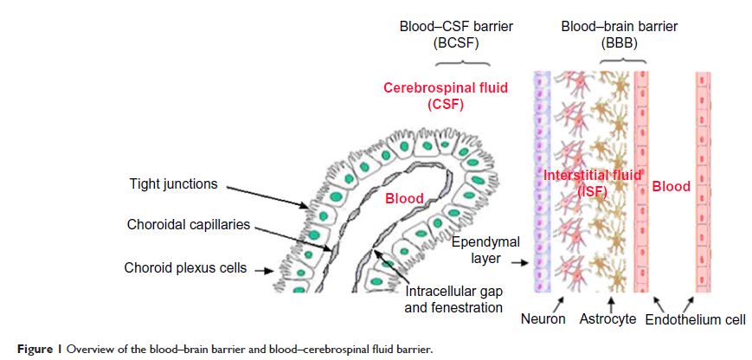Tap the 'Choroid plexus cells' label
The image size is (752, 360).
point(184,268)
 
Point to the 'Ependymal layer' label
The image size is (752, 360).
point(481,250)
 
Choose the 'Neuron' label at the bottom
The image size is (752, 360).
point(543,318)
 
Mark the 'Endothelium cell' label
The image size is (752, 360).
point(695,319)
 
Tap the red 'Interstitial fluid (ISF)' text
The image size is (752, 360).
point(593,183)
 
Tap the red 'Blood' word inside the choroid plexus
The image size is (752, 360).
point(403,198)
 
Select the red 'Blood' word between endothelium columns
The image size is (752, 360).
point(671,186)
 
